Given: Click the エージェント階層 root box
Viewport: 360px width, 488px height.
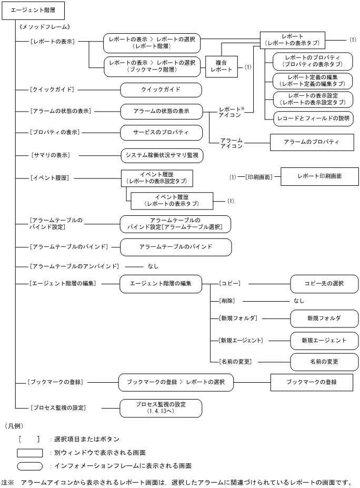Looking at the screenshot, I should pos(34,9).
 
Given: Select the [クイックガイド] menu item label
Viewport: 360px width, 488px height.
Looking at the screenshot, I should pos(51,89).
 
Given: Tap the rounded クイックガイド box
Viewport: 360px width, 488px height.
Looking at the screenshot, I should pos(161,89).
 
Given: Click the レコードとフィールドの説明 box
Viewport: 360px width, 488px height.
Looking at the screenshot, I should pos(313,119).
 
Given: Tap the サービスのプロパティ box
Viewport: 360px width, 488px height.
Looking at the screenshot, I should pos(161,132).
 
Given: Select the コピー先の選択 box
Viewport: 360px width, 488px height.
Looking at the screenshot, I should pos(324,283).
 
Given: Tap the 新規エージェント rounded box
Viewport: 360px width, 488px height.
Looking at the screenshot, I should pos(324,341).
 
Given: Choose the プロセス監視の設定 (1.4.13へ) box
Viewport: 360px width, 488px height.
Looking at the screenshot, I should pos(161,407).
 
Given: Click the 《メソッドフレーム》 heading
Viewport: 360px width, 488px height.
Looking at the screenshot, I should pos(45,26).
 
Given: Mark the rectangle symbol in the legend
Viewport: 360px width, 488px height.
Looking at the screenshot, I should pos(30,452).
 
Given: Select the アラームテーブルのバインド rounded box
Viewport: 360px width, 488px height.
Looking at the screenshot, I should pos(176,246).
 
